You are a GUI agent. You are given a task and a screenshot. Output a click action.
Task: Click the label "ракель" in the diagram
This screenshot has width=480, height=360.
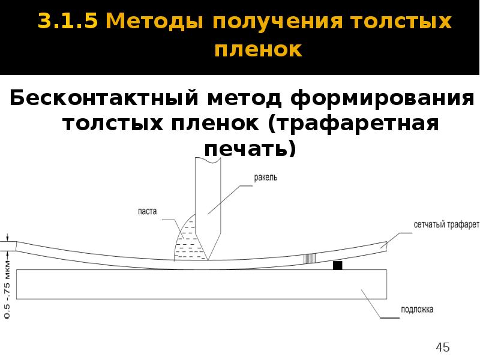pos(265,178)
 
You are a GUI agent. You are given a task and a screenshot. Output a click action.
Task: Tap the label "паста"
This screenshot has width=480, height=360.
pos(146,211)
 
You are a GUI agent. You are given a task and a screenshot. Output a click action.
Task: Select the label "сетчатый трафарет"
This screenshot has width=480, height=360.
pos(446,226)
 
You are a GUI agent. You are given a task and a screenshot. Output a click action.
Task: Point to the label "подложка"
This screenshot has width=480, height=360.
pos(417,310)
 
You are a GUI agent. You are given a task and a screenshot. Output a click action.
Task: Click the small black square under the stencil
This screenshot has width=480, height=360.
pos(338,265)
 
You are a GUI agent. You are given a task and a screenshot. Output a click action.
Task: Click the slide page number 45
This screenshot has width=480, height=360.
pos(443,347)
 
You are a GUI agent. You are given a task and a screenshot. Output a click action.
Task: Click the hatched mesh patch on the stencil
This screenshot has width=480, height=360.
pos(309,258)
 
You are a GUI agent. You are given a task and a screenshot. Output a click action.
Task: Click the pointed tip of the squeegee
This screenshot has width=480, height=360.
pos(208,260)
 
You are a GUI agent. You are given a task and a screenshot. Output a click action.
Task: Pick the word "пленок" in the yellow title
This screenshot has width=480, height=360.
pos(258,50)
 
